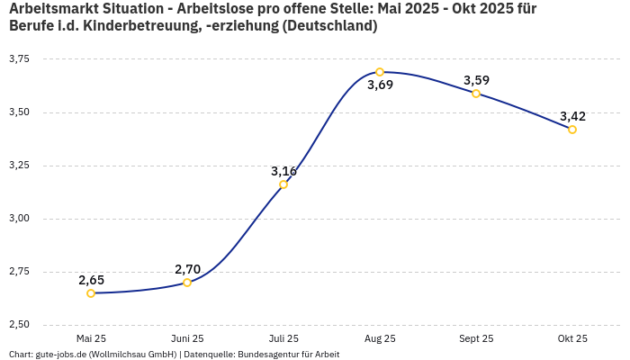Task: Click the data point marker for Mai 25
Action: (91, 293)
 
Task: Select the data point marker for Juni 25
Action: (187, 283)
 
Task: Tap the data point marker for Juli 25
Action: (283, 184)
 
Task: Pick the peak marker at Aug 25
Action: (380, 72)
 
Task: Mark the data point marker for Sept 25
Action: (476, 94)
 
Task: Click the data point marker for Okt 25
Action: (572, 130)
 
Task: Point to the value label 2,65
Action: (91, 280)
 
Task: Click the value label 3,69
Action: (380, 85)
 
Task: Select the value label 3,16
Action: (283, 171)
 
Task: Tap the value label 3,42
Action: (572, 116)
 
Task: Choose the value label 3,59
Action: (476, 80)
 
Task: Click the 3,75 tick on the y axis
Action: (19, 59)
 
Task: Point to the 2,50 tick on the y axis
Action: (19, 325)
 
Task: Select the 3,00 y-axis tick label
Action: (19, 219)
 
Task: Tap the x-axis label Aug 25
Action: (380, 338)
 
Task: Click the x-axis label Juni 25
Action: (187, 338)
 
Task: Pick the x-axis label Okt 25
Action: (572, 338)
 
